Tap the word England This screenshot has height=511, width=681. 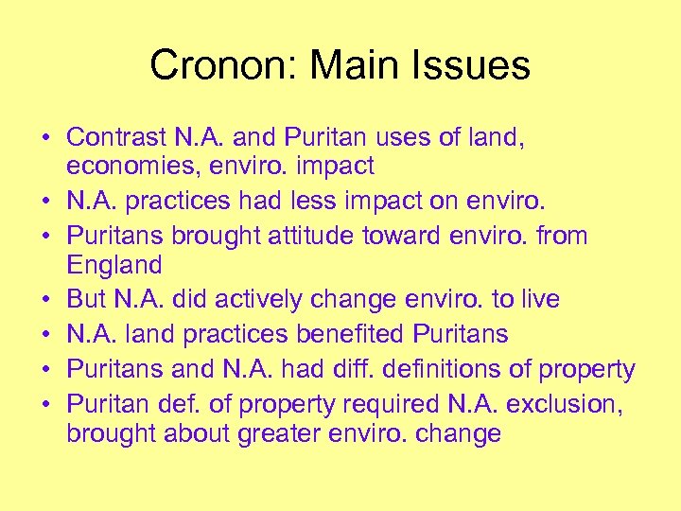pos(113,264)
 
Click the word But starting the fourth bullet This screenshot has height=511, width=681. pos(86,299)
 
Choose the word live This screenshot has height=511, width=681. pos(538,299)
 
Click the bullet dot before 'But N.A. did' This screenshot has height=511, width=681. pos(45,300)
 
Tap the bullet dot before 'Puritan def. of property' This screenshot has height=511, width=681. pos(45,405)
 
